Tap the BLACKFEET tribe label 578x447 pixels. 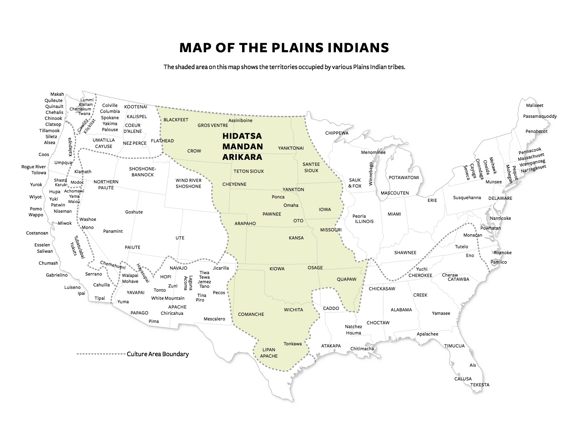pos(176,120)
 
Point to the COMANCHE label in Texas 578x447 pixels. pos(251,314)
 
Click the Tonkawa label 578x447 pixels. pos(293,344)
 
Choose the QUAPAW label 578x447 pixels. pos(346,279)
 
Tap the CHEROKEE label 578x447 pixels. pos(420,276)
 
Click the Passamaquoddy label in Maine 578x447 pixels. pos(539,116)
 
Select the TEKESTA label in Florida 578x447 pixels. pos(480,385)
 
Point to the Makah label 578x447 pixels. pos(57,94)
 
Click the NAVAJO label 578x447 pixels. pos(178,268)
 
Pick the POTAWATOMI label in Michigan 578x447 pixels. pos(404,178)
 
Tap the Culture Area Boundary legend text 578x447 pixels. pos(158,354)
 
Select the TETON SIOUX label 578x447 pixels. pos(249,171)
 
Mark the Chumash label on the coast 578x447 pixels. pos(48,263)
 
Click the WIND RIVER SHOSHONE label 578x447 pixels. pos(188,183)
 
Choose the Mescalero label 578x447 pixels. pos(214,319)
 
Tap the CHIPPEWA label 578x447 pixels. pos(337,133)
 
